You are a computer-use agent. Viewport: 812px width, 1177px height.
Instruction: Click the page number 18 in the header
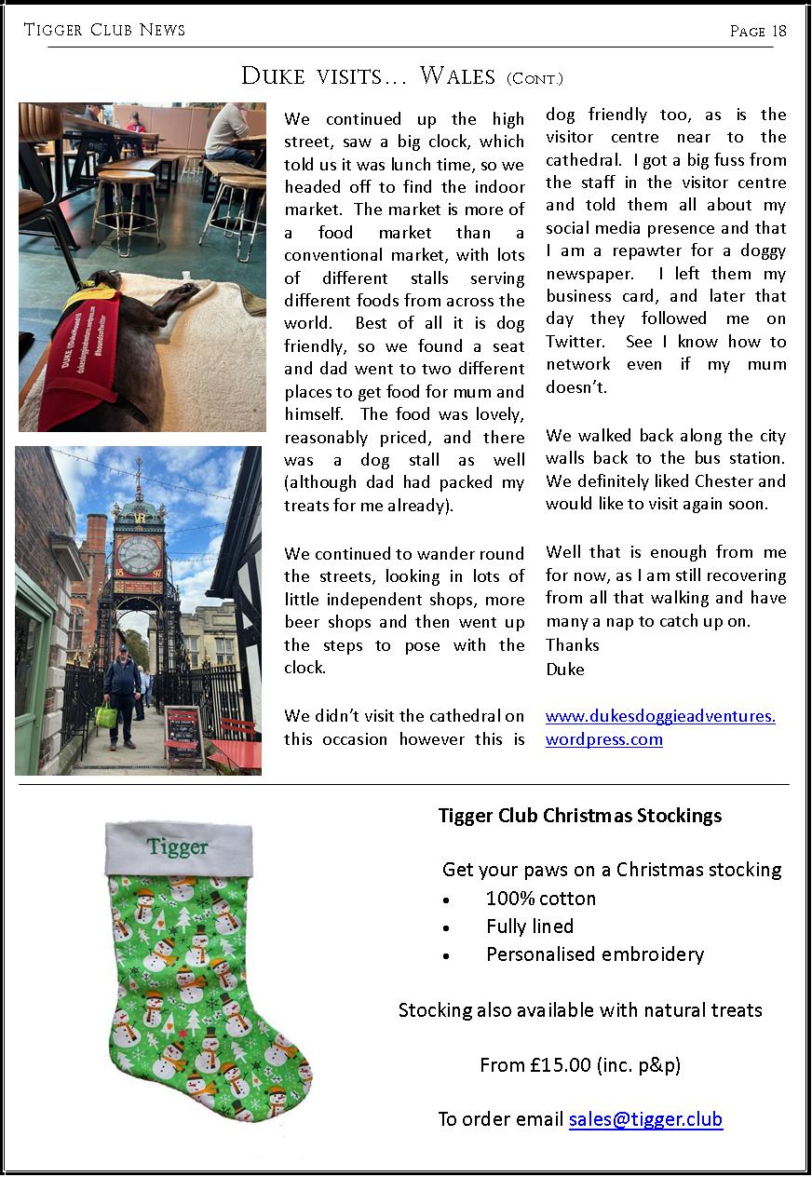778,31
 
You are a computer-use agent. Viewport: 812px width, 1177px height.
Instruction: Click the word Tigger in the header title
55,30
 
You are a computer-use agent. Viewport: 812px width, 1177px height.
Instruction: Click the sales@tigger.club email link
645,1119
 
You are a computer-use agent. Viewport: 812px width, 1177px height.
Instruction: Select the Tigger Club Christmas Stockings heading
580,816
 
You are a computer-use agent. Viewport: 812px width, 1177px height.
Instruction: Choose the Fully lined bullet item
529,927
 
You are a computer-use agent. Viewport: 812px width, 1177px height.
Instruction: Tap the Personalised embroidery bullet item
594,954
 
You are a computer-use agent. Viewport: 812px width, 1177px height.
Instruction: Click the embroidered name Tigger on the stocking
177,847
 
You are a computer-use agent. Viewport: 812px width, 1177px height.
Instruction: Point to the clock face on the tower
138,555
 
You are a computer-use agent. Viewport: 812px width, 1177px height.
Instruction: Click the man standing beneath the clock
121,694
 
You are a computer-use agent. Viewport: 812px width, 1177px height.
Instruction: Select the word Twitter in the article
577,342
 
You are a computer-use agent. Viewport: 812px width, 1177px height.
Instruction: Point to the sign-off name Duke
564,669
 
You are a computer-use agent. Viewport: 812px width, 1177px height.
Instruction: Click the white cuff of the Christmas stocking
178,847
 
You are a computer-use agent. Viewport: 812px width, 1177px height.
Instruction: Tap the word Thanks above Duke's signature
572,644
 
